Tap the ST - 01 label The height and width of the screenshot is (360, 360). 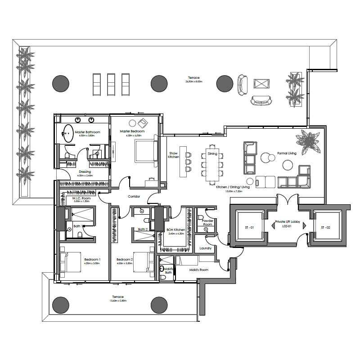coord(249,228)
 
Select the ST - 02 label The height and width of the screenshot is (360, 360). coord(325,228)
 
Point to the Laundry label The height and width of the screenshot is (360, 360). coord(206,248)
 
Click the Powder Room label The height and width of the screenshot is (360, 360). coord(207,222)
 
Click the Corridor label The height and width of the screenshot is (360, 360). coord(134,197)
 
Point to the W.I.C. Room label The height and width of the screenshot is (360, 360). coord(81,198)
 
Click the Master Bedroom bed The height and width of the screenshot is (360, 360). coord(146,151)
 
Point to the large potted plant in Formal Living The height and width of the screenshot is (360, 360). coord(309,141)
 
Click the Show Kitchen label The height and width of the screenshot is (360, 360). coord(173,155)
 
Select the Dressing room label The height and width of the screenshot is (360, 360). coord(85,172)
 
